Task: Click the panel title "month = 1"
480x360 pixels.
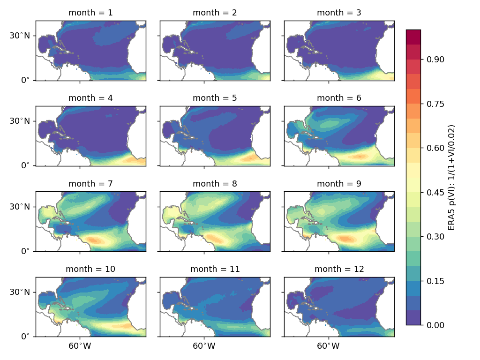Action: click(x=90, y=13)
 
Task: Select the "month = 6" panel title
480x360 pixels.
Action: click(x=339, y=98)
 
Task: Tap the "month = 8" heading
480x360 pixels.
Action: click(x=215, y=184)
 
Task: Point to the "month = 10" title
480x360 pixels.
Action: click(x=90, y=269)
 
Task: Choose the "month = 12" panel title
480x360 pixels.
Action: click(x=339, y=269)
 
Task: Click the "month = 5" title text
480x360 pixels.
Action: click(x=215, y=98)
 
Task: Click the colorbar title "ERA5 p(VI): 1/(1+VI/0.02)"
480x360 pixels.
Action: click(x=452, y=177)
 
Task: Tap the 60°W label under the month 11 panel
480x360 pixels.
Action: click(x=204, y=347)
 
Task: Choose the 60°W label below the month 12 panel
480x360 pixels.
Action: click(x=328, y=347)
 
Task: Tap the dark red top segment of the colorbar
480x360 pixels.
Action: click(x=413, y=37)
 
